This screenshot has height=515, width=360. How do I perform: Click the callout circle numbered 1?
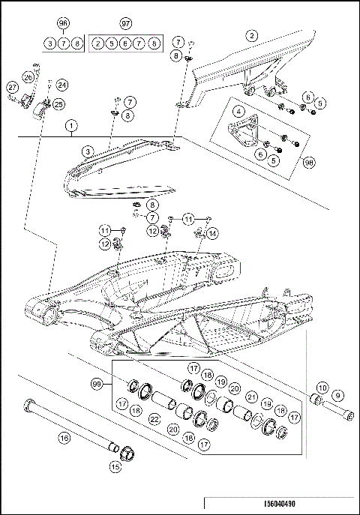tap(71, 126)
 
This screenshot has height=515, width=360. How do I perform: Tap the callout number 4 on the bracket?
tap(238, 112)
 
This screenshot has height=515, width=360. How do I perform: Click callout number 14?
tap(212, 233)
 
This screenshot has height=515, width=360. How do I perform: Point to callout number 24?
tap(61, 85)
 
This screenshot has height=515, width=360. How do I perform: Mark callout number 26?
tap(28, 76)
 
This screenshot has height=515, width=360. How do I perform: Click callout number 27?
tap(13, 86)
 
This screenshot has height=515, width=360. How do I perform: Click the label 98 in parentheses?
tap(309, 161)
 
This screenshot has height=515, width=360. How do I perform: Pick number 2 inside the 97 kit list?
tap(98, 43)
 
